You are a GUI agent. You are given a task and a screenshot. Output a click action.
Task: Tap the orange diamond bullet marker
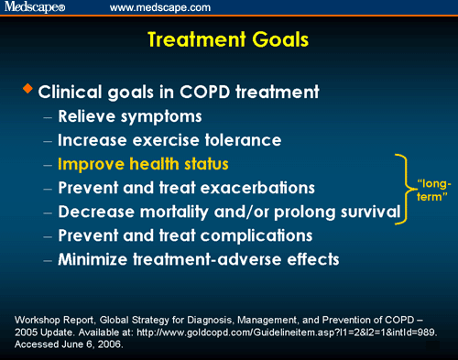point(28,89)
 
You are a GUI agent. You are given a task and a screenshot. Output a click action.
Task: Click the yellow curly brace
point(401,189)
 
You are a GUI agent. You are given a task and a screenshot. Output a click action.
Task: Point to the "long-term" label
point(432,190)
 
